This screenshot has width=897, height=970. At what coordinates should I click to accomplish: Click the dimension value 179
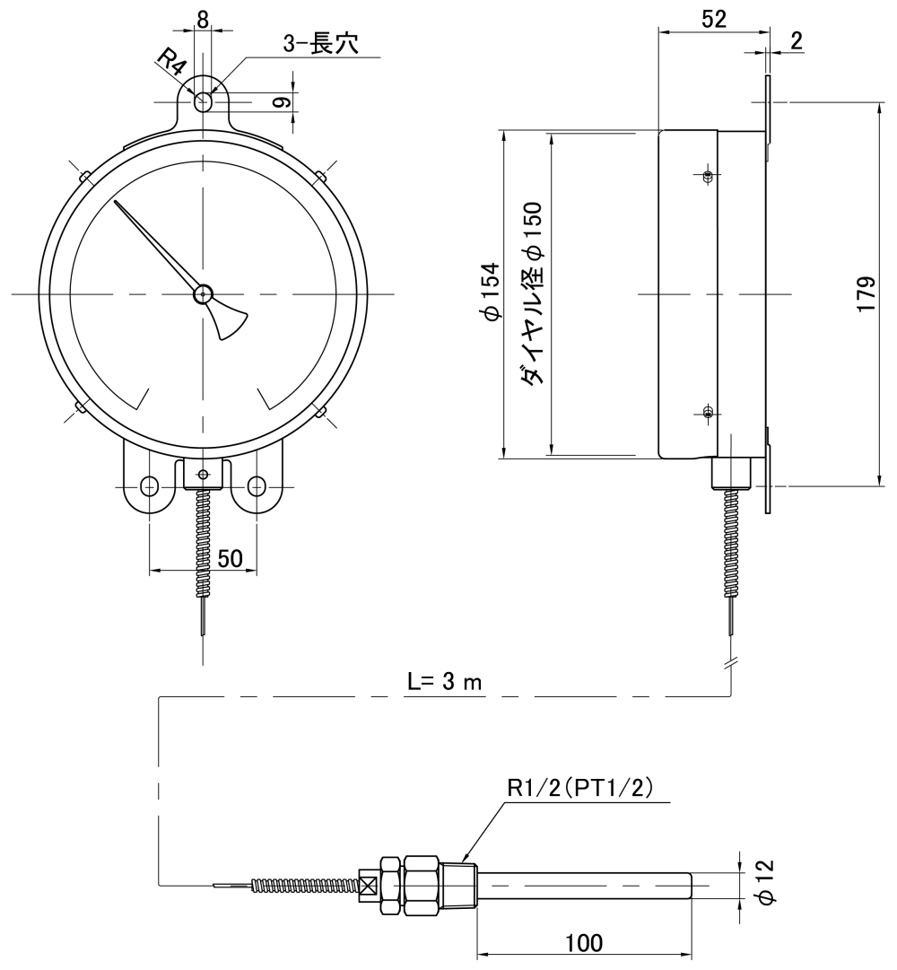866,293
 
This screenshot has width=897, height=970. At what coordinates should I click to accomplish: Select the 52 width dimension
714,18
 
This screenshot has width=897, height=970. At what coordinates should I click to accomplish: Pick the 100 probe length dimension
584,942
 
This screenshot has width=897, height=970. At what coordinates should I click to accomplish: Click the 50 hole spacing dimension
230,558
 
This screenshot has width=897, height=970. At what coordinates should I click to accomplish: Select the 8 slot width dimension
203,17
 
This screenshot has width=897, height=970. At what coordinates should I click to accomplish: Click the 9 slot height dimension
281,102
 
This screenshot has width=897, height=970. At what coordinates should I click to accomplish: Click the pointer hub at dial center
204,293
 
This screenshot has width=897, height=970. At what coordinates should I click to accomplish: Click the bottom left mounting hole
150,486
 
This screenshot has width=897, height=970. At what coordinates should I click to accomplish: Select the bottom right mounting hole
257,486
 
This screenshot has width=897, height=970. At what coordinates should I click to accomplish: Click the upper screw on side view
708,176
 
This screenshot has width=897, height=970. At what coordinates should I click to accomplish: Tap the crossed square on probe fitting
365,885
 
